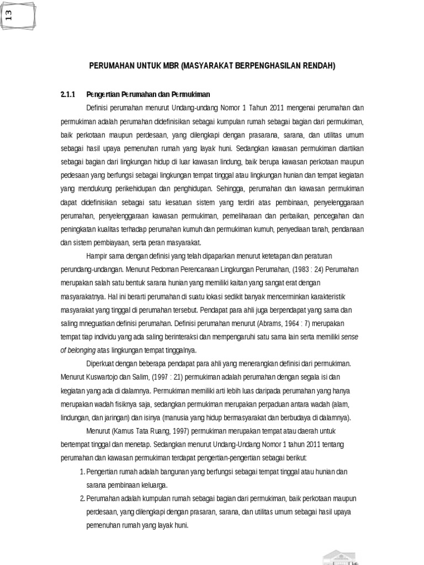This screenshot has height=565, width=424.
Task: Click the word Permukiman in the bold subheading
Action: click(192, 94)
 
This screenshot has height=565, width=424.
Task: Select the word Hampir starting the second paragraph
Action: click(97, 255)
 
